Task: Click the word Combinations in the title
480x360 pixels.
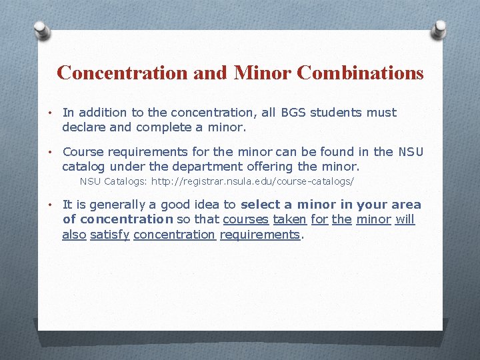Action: click(x=360, y=73)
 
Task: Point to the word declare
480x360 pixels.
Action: click(x=84, y=127)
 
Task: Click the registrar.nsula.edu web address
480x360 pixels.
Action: click(x=253, y=181)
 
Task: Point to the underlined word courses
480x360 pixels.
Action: click(x=245, y=219)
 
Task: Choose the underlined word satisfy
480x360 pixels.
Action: click(x=109, y=234)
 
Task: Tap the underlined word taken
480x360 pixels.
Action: click(x=290, y=219)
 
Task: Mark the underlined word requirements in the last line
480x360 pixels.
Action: click(x=260, y=235)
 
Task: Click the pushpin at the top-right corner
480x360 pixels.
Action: click(x=441, y=29)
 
